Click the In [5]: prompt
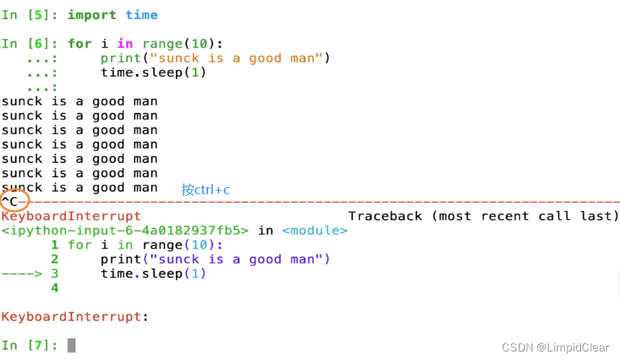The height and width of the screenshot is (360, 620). point(31,15)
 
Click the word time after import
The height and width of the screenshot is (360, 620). point(142,15)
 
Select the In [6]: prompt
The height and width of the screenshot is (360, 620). point(31,44)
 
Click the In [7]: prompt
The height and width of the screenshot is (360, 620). point(31,345)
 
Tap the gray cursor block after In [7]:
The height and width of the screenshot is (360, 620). point(71,345)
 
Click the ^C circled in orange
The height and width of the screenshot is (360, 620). point(14,201)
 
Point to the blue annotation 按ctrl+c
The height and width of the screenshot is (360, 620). point(206,190)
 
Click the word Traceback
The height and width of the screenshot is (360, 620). point(385,216)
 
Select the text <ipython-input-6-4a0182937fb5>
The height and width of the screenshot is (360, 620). point(125,231)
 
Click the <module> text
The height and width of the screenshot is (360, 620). point(315,231)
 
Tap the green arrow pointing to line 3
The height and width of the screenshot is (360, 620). point(21,274)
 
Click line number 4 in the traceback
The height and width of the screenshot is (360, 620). point(55,288)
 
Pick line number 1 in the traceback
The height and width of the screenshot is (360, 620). point(55,245)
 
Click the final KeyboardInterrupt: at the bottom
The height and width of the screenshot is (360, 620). point(75,317)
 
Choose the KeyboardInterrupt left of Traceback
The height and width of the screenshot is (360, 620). point(71,216)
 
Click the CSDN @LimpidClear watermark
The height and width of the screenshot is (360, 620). point(555,347)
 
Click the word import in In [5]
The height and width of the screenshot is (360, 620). point(92,15)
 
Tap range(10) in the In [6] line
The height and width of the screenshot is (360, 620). point(174,44)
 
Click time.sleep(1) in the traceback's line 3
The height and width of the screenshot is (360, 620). point(153,274)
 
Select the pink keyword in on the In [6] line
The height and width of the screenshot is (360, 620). point(125,44)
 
